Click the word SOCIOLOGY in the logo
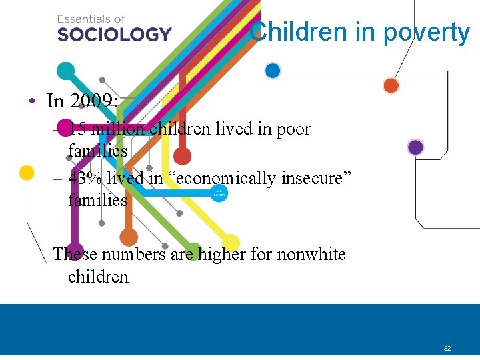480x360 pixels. (x=114, y=33)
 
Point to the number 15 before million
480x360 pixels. (x=77, y=129)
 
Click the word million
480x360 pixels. (x=118, y=129)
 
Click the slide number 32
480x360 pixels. (x=447, y=349)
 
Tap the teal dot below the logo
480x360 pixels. (x=65, y=71)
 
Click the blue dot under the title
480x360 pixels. (x=272, y=71)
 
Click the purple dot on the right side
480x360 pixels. (x=415, y=147)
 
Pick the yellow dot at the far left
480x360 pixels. (x=27, y=173)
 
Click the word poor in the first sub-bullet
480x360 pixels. (x=293, y=129)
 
